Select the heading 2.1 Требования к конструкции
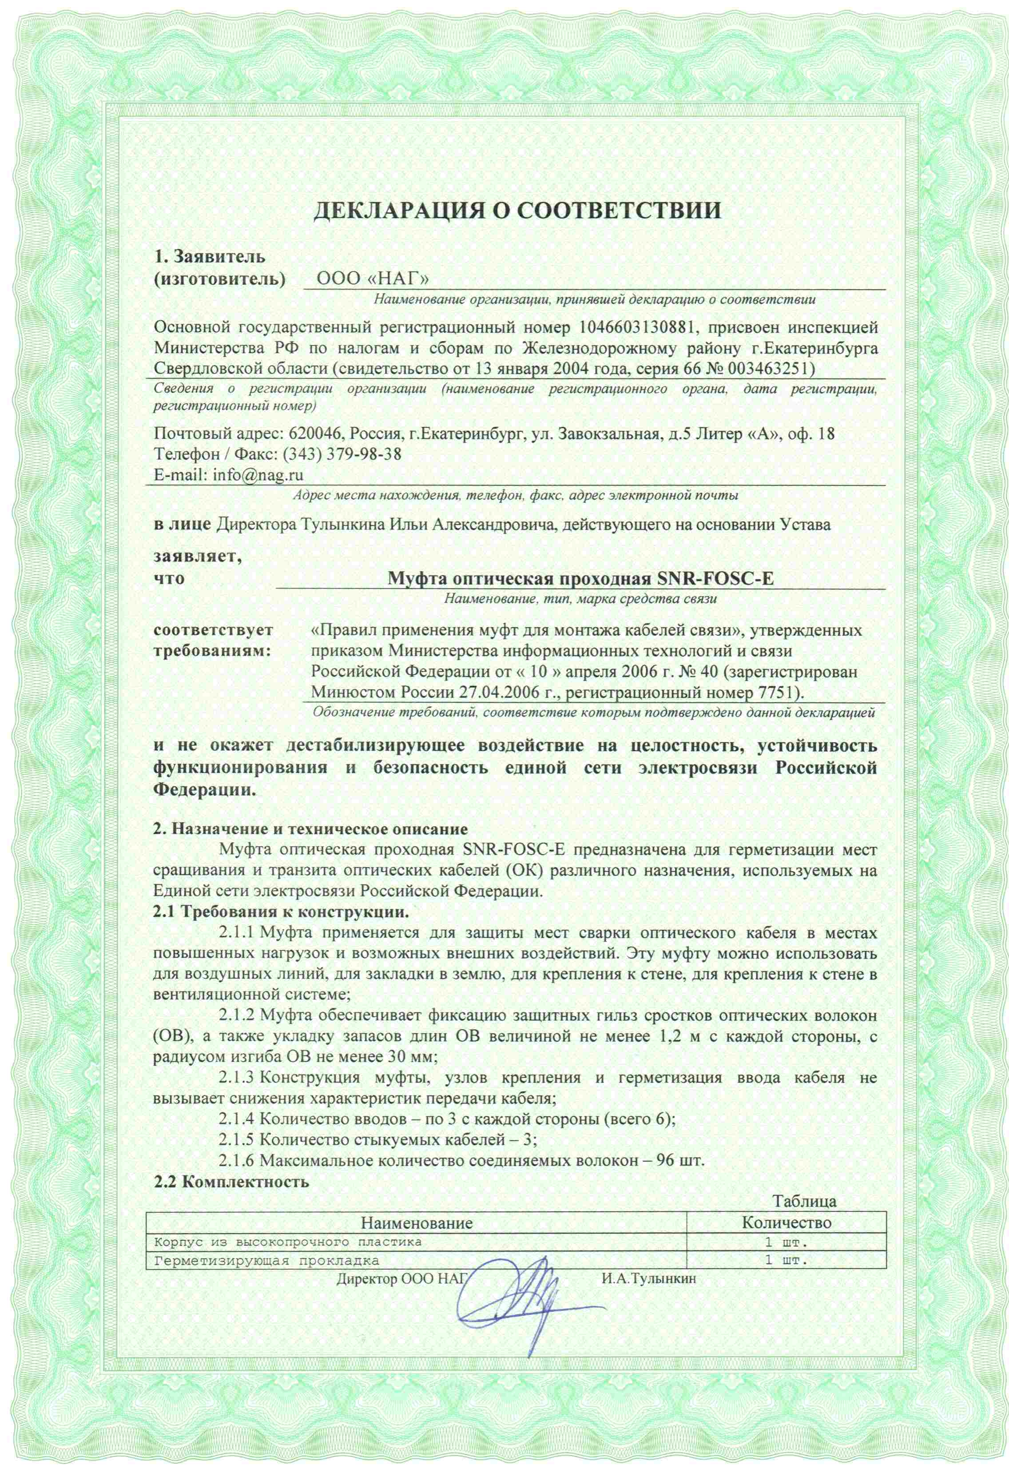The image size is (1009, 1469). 282,912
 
